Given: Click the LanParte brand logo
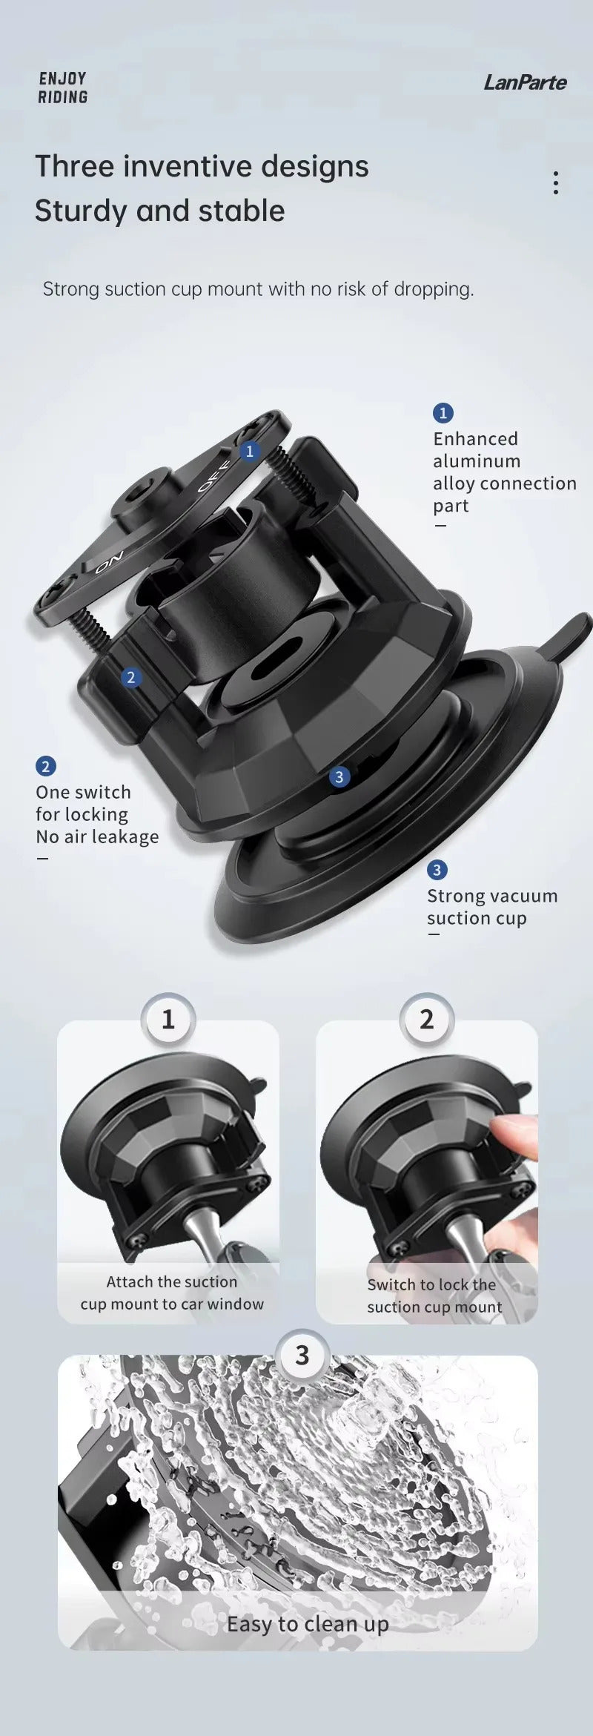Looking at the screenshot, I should (x=525, y=82).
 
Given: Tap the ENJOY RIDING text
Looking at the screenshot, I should (x=63, y=88).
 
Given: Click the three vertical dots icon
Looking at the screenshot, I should (x=555, y=182).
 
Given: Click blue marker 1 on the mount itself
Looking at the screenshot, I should (x=250, y=451).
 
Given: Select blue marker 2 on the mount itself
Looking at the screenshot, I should (x=131, y=677).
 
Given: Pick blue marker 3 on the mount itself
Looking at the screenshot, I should (x=339, y=776).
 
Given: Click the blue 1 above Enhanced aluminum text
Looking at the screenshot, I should (x=443, y=413).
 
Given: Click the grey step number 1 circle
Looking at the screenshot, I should (x=168, y=1020).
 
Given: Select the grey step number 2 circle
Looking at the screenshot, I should (x=426, y=1020).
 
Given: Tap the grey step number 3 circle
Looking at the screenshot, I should (x=302, y=1356).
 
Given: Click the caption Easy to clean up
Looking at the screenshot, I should (x=308, y=1624).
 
